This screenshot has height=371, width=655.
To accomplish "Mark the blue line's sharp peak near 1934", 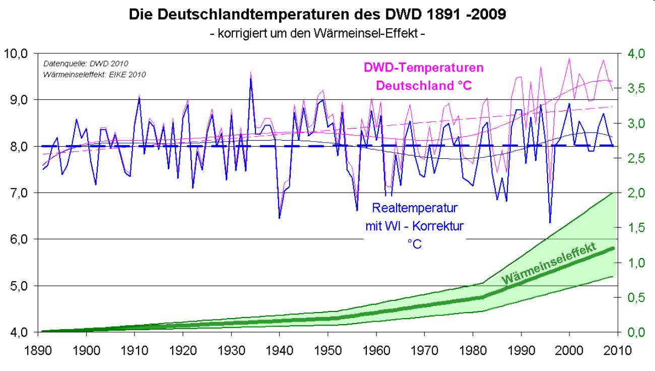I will click(x=250, y=78).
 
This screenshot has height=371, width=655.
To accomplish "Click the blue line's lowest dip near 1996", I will click(x=550, y=222).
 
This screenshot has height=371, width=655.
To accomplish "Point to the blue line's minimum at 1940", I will click(x=279, y=218).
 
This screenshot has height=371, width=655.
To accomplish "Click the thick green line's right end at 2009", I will click(x=613, y=248).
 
